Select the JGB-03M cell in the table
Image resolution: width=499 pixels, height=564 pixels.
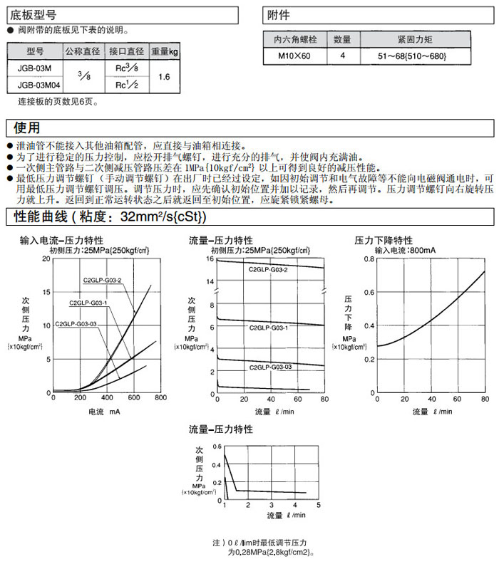point(34,69)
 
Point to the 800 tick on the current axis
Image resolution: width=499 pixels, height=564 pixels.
point(160,399)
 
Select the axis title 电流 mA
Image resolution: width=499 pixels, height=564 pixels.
point(104,412)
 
